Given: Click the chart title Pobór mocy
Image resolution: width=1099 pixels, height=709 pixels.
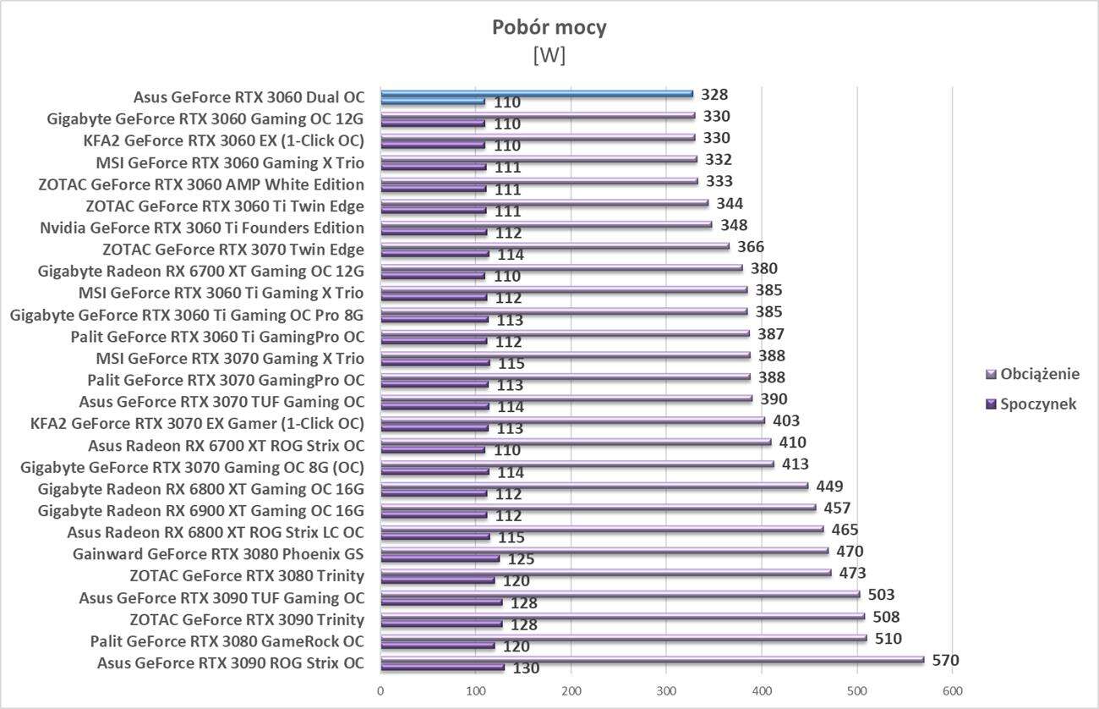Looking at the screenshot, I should [x=549, y=28].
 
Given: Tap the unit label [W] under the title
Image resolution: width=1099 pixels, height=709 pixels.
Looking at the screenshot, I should [x=549, y=55].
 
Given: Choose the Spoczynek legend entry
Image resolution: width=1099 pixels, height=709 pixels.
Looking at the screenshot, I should [x=1037, y=404].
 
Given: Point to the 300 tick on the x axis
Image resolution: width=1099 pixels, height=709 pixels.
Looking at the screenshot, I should [x=666, y=691].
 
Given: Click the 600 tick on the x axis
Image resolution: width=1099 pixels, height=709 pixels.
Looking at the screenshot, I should [x=952, y=691].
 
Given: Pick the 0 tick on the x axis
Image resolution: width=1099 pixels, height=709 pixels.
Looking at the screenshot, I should [x=380, y=691].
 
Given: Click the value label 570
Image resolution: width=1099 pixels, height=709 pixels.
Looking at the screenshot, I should [x=945, y=661].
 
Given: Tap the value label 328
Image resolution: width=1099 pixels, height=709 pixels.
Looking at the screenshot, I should [x=714, y=95].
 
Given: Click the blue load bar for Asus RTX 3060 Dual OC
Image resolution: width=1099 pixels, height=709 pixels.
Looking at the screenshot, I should [x=536, y=93].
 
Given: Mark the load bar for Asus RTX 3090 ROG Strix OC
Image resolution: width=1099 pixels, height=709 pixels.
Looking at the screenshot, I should [x=651, y=660].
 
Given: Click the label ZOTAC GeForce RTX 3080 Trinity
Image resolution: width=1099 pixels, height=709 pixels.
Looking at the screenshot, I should [x=247, y=576].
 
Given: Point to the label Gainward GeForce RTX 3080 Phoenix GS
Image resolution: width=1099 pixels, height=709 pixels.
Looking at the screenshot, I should [x=218, y=555].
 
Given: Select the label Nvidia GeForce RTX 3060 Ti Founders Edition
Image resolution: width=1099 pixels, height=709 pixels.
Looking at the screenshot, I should [x=202, y=228].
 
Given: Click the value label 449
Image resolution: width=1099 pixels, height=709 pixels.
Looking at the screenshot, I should [x=829, y=486].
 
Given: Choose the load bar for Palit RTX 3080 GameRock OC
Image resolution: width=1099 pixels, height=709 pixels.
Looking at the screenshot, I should [x=623, y=638].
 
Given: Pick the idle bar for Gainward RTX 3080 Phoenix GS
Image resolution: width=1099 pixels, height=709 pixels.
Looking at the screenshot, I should [x=440, y=558].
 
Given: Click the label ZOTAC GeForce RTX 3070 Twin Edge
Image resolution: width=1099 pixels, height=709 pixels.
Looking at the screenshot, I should [x=232, y=250].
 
